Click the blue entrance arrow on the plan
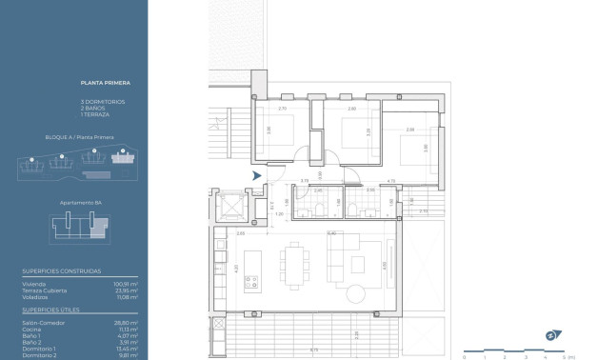coord(255,176)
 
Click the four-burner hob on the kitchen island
coord(252,282)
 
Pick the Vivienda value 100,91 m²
coord(127,284)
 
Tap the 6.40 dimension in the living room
coord(330,233)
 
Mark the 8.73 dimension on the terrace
coord(314,350)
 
